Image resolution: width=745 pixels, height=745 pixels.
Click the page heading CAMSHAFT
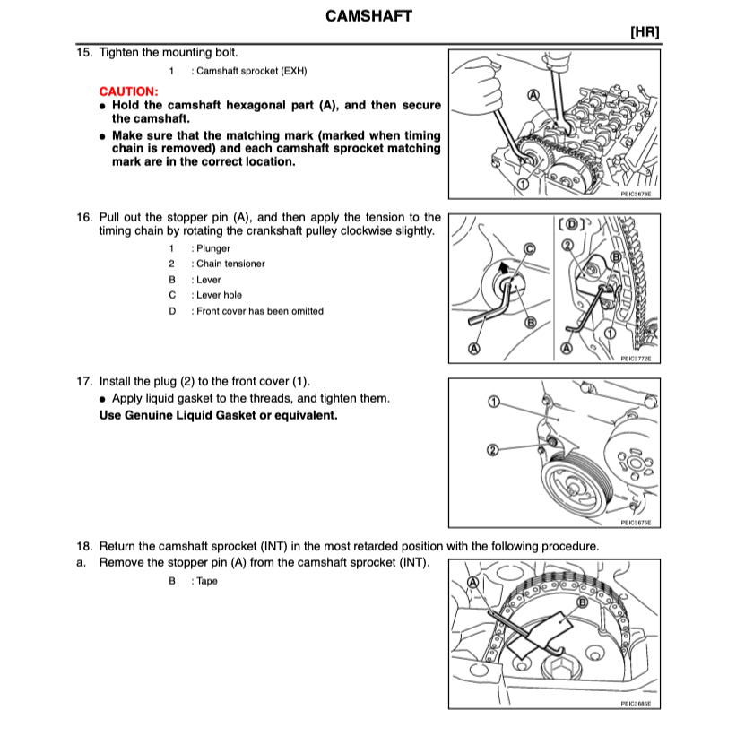click(x=368, y=16)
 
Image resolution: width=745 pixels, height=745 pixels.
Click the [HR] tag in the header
click(x=645, y=32)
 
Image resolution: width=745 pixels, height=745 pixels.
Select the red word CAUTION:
click(x=128, y=91)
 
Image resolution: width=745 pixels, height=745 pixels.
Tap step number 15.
click(x=84, y=53)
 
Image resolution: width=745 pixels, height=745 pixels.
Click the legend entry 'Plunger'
click(x=212, y=248)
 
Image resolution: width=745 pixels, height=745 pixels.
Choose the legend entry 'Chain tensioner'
click(x=230, y=264)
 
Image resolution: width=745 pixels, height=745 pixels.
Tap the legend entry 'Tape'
click(x=207, y=581)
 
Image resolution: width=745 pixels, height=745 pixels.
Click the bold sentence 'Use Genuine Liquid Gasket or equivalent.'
click(x=218, y=415)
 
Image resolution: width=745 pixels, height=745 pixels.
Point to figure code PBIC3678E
click(x=635, y=192)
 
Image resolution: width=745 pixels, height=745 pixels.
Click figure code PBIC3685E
click(x=635, y=705)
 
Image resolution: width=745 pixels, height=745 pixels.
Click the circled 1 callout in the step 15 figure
click(x=521, y=184)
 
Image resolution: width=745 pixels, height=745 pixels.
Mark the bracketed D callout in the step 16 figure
click(x=571, y=223)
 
